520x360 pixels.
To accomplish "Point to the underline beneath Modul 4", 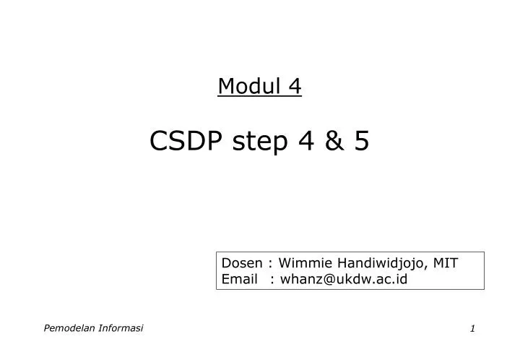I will point(259,98).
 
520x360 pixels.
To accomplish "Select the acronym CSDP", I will point(186,141).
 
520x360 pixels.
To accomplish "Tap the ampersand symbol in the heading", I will point(333,141).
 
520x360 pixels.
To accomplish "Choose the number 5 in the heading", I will point(361,141).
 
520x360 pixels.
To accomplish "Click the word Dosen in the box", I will point(241,263).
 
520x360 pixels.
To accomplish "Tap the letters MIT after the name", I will point(446,263).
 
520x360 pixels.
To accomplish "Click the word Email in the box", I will point(239,280).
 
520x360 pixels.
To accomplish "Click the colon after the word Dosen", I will point(269,264).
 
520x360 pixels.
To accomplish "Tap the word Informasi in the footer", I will point(121,328).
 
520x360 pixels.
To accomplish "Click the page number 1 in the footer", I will point(472,329).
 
